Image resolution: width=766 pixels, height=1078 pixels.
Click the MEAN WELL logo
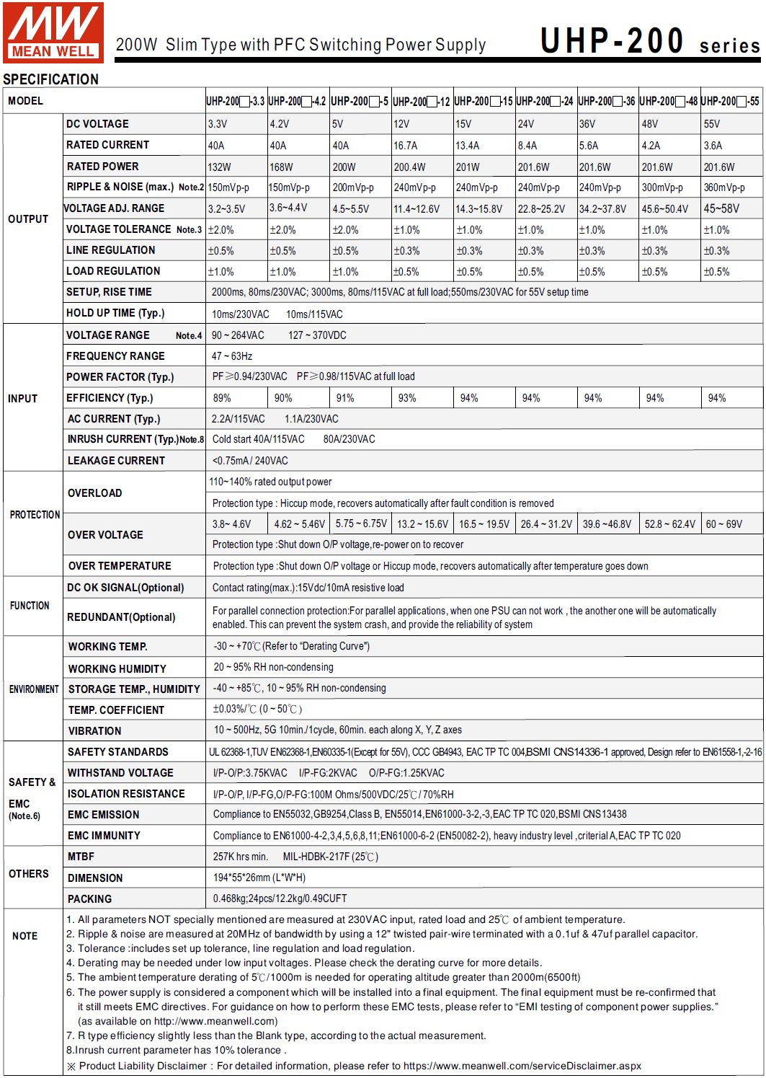click(53, 32)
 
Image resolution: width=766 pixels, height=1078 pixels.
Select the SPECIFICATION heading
click(51, 79)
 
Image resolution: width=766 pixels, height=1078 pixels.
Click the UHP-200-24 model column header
click(545, 102)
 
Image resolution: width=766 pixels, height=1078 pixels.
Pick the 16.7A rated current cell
click(406, 146)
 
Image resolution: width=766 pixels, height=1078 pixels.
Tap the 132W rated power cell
click(220, 167)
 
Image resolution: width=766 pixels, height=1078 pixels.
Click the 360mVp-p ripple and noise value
click(724, 187)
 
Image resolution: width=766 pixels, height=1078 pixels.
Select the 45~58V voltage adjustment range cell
click(721, 209)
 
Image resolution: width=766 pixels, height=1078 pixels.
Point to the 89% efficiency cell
click(222, 398)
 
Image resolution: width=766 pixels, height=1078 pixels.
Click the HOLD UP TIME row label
click(115, 313)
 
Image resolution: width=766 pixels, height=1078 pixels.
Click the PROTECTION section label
click(35, 515)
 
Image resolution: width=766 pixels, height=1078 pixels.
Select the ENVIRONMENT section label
click(34, 689)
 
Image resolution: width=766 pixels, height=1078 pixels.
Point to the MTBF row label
click(81, 857)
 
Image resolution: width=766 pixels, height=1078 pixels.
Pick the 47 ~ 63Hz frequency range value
click(232, 356)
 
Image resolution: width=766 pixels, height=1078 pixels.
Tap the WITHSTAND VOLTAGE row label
click(120, 773)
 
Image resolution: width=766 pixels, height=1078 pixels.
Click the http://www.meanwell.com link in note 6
click(215, 1021)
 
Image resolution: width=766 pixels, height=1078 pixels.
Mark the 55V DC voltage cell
click(712, 124)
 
